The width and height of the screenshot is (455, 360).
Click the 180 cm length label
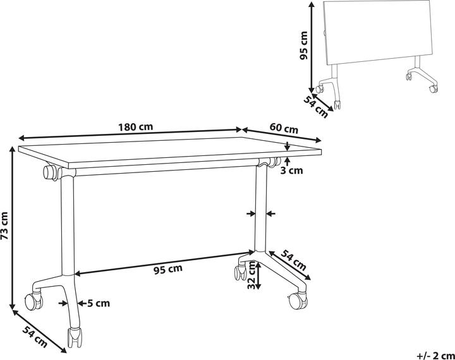click(135, 127)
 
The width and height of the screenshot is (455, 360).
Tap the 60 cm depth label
click(284, 128)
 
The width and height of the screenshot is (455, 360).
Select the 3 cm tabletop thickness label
click(291, 171)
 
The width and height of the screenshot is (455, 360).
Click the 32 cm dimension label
click(252, 275)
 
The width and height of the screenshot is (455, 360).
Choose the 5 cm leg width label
click(99, 303)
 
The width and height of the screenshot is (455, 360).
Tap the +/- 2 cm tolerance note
click(435, 355)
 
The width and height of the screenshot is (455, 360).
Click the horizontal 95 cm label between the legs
click(167, 270)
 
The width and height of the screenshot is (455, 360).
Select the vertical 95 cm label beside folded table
click(303, 45)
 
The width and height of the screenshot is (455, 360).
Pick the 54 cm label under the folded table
click(316, 107)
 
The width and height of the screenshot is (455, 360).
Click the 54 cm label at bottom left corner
click(35, 337)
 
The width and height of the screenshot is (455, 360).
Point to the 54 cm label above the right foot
click(294, 260)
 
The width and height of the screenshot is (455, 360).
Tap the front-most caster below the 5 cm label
click(75, 338)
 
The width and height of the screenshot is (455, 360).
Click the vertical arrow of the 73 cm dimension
click(12, 228)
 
